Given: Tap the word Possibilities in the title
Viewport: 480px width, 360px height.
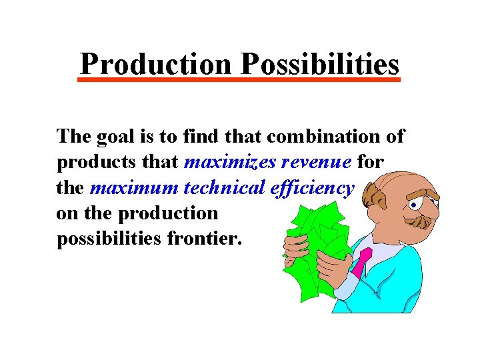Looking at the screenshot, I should tap(320, 64).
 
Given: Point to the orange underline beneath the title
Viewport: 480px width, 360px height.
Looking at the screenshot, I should tap(240, 80).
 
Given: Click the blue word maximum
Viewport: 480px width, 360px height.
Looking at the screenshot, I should tap(133, 187).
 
